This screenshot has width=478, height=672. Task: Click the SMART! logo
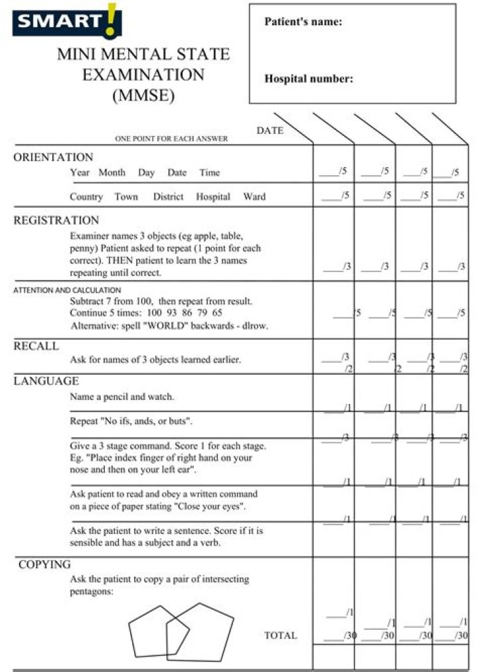66,21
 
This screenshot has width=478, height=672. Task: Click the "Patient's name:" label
303,22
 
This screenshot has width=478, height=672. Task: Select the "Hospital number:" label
309,79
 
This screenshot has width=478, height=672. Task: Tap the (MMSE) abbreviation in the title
143,95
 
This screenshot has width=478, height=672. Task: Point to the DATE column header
270,131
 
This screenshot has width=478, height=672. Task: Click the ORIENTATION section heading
53,157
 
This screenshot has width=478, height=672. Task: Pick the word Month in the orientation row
112,172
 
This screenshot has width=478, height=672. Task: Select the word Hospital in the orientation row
213,196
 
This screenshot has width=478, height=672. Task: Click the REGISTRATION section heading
56,220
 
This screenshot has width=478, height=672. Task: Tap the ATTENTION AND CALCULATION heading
67,290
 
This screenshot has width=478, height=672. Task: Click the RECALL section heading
36,346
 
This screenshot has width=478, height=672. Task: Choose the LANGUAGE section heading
46,381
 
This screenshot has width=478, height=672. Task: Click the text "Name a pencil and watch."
122,397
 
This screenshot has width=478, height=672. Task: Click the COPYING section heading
44,565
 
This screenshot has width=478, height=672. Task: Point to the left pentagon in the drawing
148,630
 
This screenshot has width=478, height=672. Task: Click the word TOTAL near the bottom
281,635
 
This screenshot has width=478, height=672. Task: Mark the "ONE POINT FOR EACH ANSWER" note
171,139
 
